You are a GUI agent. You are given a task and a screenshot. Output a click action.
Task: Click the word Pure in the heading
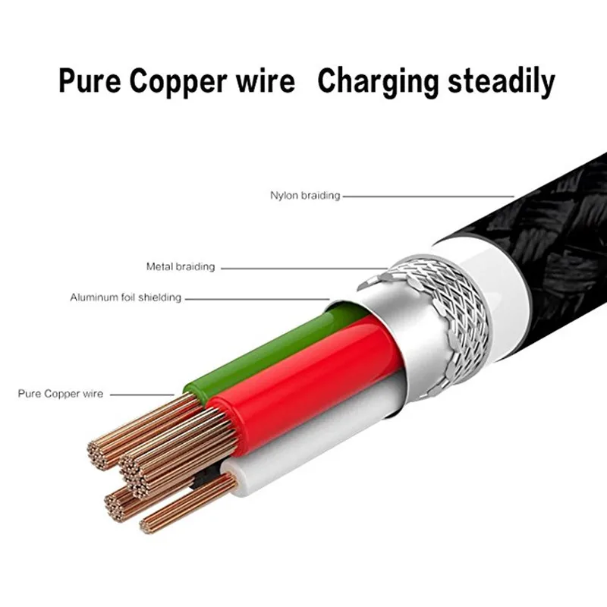click(x=90, y=81)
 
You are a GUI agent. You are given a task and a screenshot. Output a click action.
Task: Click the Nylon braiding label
click(x=305, y=196)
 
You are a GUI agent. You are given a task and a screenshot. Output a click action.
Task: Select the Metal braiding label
click(x=181, y=267)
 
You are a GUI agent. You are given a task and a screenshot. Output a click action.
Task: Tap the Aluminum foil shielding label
click(x=126, y=297)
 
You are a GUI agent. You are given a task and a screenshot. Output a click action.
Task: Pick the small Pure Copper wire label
click(x=61, y=394)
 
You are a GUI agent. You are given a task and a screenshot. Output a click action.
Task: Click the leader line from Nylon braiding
click(x=425, y=196)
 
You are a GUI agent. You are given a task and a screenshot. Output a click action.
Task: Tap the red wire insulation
click(x=303, y=372)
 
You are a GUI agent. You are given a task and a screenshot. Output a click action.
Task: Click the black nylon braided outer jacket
click(x=561, y=220)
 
